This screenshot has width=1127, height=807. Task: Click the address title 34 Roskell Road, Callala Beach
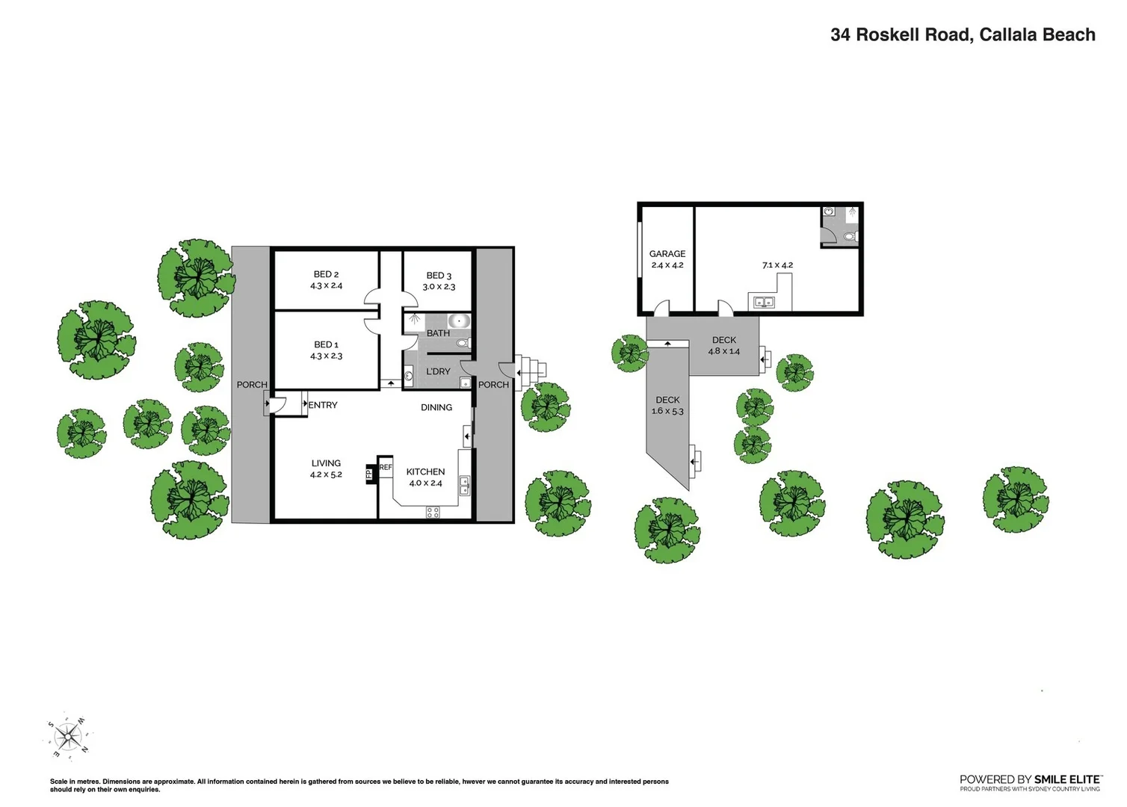tap(963, 35)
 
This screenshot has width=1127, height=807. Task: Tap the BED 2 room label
tap(326, 275)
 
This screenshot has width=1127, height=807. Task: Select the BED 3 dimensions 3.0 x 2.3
tap(439, 287)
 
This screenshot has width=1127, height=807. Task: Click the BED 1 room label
tap(326, 344)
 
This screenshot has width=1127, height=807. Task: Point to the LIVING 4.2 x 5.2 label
tap(326, 469)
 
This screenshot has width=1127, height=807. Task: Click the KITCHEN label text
tap(425, 471)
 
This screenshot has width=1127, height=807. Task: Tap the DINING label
tap(436, 407)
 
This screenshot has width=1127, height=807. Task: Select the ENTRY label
tap(323, 405)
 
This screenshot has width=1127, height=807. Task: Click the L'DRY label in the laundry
tap(438, 371)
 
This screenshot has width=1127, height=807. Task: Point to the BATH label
tap(438, 333)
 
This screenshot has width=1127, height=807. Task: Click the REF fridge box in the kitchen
tap(386, 467)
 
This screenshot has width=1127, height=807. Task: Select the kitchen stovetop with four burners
tap(433, 512)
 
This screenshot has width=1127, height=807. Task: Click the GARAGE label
tap(667, 254)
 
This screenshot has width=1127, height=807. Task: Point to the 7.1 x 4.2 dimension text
tap(777, 265)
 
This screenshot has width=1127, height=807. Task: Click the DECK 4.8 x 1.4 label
tap(723, 345)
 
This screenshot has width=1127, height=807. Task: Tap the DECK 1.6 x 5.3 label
tap(667, 406)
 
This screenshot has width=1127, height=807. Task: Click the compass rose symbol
tap(68, 737)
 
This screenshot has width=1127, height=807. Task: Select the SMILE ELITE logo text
tap(1067, 779)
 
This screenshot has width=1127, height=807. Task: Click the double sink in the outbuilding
tap(763, 303)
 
